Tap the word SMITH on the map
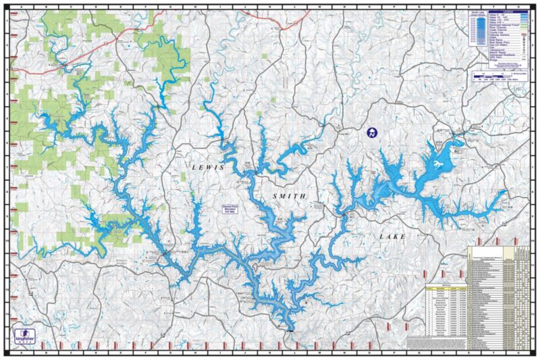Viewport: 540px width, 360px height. coord(290,196)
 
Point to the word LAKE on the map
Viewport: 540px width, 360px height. coord(393,237)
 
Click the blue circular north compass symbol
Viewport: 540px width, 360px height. coord(371,133)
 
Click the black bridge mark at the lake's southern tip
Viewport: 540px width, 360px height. coord(291,330)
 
